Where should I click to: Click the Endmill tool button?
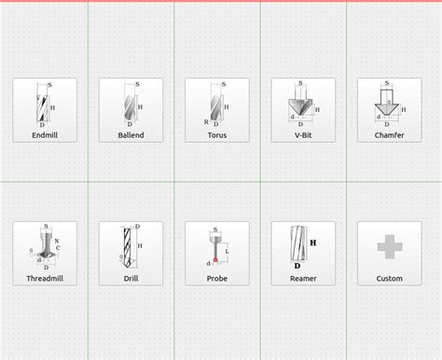(45, 110)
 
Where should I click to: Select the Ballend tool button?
(131, 110)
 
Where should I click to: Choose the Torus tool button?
(217, 110)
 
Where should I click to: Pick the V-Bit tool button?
(303, 110)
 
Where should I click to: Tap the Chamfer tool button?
(389, 110)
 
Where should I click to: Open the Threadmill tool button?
(45, 253)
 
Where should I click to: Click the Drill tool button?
(131, 253)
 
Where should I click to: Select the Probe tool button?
(217, 253)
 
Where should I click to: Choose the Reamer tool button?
(303, 253)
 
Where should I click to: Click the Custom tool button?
(389, 253)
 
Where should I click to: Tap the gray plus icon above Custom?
(389, 246)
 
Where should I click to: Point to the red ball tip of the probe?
(216, 258)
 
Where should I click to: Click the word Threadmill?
(45, 278)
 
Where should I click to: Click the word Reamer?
(303, 278)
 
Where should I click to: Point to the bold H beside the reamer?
(313, 242)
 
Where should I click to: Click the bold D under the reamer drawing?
(297, 266)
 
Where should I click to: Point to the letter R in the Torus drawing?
(206, 121)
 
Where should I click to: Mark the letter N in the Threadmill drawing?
(57, 242)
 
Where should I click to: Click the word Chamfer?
(389, 135)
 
